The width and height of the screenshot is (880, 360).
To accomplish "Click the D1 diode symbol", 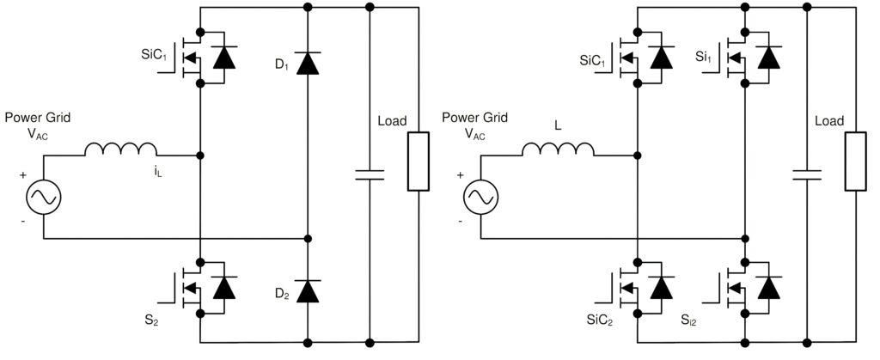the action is pos(308,63).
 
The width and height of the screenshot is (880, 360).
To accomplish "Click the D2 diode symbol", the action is pos(308,291).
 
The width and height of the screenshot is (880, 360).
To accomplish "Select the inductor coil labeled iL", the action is pos(120,149).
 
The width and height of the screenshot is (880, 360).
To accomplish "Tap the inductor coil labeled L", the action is pos(558,149).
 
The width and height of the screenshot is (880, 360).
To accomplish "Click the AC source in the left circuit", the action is pos(43,197).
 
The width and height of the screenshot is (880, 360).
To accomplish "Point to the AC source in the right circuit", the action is pos(480,197).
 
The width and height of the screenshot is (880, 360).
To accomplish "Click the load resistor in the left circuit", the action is pos(419,162).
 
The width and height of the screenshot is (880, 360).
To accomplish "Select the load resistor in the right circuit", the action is pos(855,162).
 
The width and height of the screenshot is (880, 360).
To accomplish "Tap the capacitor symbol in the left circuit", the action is pos(370,174).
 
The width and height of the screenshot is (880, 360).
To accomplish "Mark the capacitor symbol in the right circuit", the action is pos(807,174).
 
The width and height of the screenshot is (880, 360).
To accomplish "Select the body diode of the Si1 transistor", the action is pos(769,58).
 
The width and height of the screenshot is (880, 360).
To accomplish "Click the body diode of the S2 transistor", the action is pos(224,288).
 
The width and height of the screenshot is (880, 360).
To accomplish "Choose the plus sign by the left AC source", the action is pos(23,175).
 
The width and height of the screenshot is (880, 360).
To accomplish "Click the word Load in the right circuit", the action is pos(829,121).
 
